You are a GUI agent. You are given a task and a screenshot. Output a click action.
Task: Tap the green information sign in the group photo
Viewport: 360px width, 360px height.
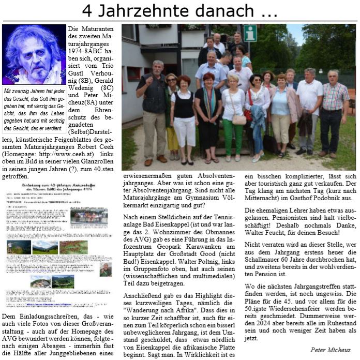[250, 33]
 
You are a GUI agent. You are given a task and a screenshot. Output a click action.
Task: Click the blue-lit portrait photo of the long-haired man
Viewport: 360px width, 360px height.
[34, 55]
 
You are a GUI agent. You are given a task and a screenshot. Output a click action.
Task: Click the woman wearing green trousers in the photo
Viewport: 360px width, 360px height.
[233, 114]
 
